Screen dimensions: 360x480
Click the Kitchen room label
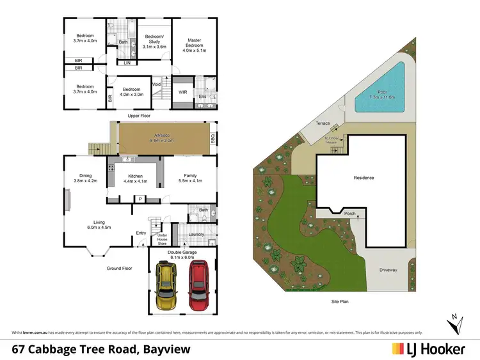(x=135, y=178)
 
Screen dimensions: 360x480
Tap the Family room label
(x=190, y=178)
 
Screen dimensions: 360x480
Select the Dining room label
(x=85, y=178)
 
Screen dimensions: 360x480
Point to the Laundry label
(x=196, y=234)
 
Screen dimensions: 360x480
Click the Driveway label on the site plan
(x=387, y=270)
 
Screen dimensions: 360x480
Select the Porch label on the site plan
(x=349, y=214)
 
